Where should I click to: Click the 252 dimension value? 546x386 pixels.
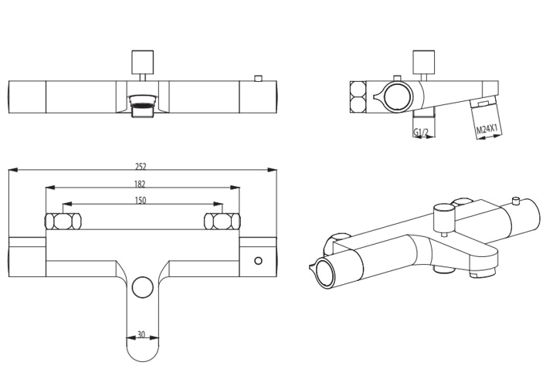[x=141, y=166]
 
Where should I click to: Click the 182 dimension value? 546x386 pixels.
[x=140, y=184]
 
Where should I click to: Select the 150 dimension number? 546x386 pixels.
[x=140, y=201]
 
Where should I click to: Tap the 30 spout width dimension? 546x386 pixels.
[x=142, y=334]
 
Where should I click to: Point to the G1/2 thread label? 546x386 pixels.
[x=421, y=133]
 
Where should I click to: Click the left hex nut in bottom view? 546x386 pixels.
[x=63, y=222]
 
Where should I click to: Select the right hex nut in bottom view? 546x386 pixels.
[x=222, y=222]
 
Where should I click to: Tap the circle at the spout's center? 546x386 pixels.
[x=142, y=288]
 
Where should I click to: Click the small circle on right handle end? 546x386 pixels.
[x=259, y=261]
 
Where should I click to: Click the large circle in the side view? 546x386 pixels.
[x=398, y=97]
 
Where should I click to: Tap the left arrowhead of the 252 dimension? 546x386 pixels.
[x=12, y=170]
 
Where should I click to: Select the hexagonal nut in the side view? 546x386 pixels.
[x=358, y=97]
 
